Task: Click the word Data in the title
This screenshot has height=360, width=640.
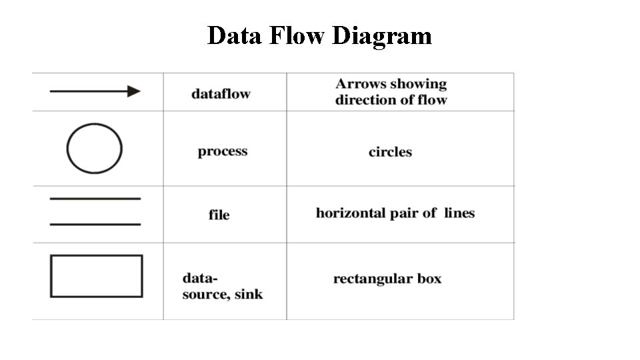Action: click(x=235, y=35)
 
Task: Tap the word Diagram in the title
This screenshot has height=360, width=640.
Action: click(x=382, y=35)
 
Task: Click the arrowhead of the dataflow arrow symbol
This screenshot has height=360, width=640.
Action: click(x=134, y=91)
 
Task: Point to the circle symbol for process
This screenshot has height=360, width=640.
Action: click(x=94, y=148)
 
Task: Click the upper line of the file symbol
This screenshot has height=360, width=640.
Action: click(x=95, y=199)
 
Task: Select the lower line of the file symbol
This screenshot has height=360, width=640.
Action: click(x=95, y=224)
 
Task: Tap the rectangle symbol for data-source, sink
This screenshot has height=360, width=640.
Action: click(x=96, y=276)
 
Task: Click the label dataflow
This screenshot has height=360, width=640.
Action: click(x=221, y=94)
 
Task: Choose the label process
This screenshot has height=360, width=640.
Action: click(x=222, y=151)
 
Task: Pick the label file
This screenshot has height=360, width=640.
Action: click(x=219, y=215)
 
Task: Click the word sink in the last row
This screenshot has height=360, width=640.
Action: click(x=248, y=294)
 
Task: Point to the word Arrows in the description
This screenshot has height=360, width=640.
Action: click(x=359, y=84)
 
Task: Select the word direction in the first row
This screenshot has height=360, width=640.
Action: click(x=360, y=100)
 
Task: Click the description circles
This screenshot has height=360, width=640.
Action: click(x=390, y=152)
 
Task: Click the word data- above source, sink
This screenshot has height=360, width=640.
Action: click(x=200, y=278)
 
